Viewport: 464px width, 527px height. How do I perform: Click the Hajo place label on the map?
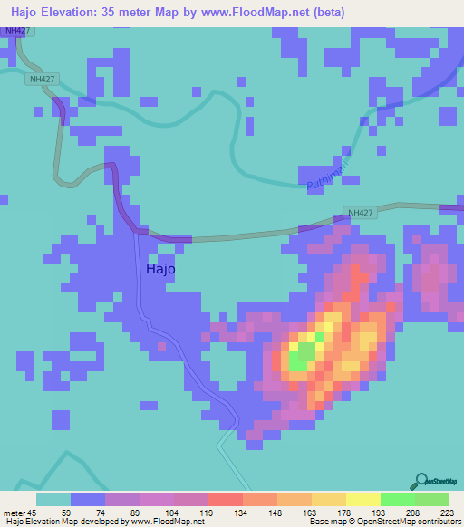(x=160, y=269)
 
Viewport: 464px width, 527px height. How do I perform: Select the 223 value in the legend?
(x=446, y=512)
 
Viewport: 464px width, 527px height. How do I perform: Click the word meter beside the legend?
(x=15, y=512)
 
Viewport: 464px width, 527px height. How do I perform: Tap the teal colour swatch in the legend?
(x=53, y=499)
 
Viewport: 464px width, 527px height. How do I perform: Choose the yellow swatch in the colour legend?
(x=362, y=499)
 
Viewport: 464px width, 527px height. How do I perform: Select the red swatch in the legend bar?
(x=225, y=499)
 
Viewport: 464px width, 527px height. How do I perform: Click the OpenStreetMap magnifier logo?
(x=422, y=481)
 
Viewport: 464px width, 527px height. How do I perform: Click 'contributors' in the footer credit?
(x=439, y=522)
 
